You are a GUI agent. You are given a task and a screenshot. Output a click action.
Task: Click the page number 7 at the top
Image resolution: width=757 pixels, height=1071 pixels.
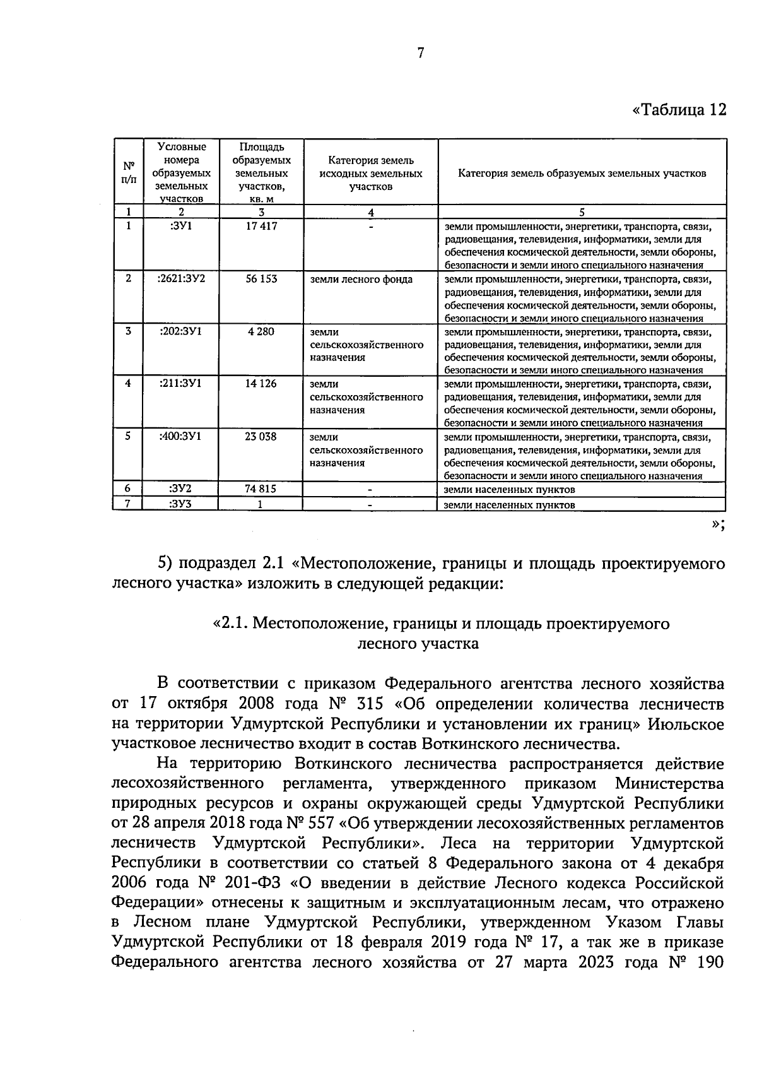(420, 54)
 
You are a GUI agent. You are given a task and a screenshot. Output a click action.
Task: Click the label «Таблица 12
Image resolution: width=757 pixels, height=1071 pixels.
(679, 110)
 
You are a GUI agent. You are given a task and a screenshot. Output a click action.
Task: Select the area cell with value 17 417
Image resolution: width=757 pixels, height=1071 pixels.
(261, 226)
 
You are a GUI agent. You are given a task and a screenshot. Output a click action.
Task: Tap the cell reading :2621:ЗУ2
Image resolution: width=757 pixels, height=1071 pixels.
(181, 278)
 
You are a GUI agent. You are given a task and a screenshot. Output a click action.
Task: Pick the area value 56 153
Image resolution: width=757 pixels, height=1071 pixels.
(261, 278)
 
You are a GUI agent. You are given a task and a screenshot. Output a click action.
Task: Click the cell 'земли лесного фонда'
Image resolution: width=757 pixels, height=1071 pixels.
(361, 279)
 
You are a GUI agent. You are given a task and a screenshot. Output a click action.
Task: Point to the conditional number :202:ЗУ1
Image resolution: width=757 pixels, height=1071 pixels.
(181, 331)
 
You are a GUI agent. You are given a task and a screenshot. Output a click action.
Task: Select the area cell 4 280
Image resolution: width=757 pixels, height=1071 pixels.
(261, 331)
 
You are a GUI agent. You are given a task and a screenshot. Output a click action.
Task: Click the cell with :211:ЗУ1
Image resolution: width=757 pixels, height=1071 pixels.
(181, 383)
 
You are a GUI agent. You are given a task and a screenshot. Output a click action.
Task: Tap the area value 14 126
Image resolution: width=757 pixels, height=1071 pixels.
(261, 383)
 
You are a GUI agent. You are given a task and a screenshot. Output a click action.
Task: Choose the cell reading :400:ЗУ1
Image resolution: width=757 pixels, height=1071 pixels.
(181, 436)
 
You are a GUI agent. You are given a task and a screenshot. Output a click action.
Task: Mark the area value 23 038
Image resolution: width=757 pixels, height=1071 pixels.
(261, 436)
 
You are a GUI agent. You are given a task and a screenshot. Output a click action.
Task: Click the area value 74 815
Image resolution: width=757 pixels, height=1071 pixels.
(261, 488)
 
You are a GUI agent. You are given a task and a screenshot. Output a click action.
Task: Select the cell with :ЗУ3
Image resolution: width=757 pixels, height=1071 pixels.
(181, 504)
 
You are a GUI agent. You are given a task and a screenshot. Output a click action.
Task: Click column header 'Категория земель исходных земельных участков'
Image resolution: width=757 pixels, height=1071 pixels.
(371, 173)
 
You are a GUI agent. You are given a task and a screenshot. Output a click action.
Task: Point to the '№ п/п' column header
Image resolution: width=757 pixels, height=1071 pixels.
(129, 172)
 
